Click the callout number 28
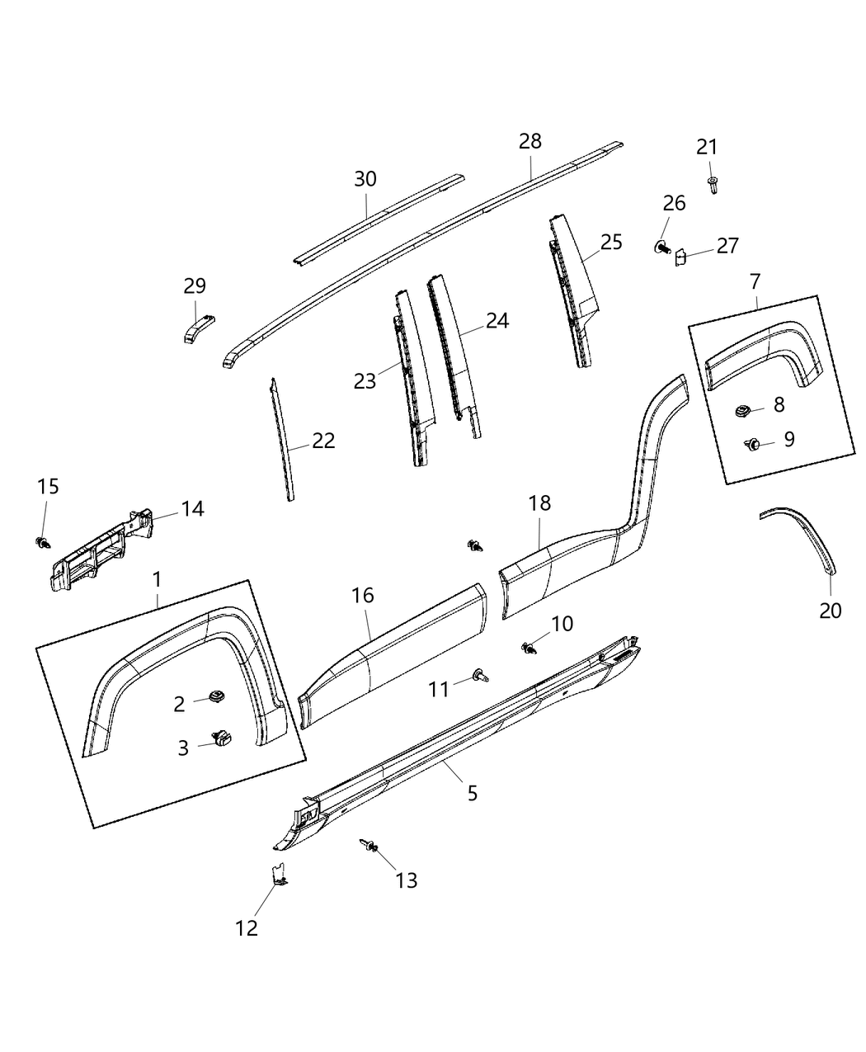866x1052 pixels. click(x=530, y=141)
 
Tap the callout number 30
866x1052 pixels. click(x=365, y=179)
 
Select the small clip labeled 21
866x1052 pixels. click(x=712, y=185)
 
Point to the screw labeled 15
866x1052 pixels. click(x=41, y=542)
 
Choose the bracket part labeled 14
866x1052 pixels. click(x=99, y=551)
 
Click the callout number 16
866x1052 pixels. click(x=362, y=596)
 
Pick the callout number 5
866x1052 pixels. click(x=472, y=793)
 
